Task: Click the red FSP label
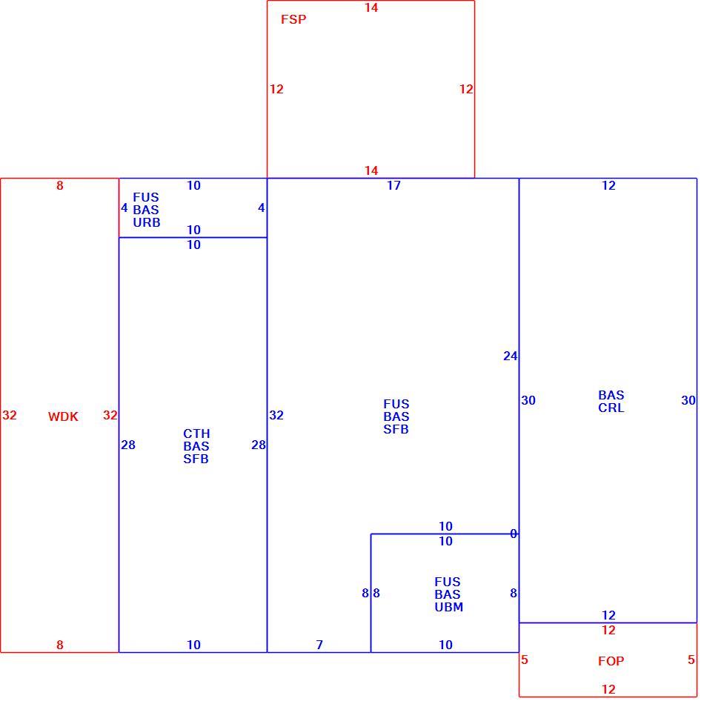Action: point(293,19)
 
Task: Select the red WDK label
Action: point(63,416)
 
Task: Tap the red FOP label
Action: point(611,661)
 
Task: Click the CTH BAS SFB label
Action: point(196,446)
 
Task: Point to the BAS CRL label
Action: point(611,402)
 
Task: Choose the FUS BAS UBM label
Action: point(448,594)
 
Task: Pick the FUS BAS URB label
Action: point(147,210)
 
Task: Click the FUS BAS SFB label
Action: point(396,416)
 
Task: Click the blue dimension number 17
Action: point(393,185)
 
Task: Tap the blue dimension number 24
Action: point(511,356)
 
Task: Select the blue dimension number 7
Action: point(319,645)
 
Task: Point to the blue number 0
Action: point(514,534)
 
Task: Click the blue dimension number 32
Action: point(276,415)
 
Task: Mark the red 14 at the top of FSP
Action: point(371,7)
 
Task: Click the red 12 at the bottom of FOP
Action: point(608,689)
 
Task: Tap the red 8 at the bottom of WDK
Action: point(60,645)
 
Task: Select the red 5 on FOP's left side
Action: point(525,660)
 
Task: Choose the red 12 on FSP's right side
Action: point(466,89)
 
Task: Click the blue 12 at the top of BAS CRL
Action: point(608,185)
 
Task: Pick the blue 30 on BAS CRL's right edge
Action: point(688,400)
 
